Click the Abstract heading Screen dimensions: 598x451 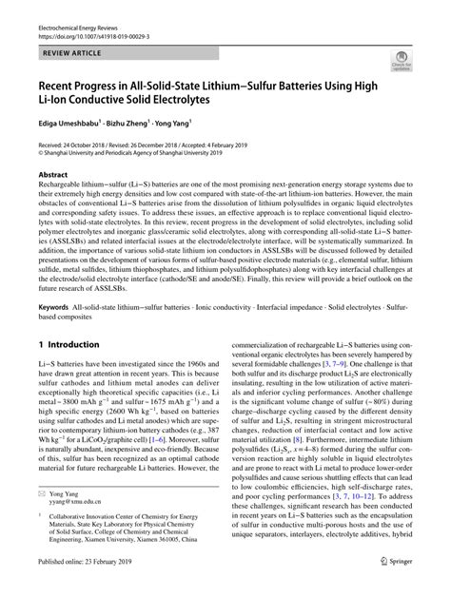tap(53, 176)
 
